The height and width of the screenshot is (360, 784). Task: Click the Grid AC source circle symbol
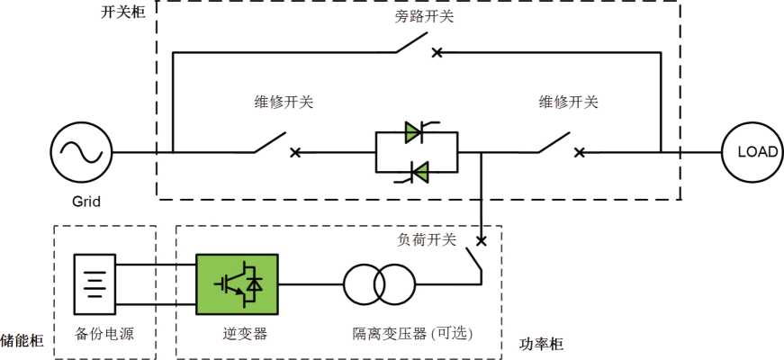point(79,152)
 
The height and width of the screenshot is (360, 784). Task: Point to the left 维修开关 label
point(284,102)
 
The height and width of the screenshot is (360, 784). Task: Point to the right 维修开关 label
point(568,102)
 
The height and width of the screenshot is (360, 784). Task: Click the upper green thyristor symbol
point(415,133)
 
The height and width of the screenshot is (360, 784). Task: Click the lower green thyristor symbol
point(417,170)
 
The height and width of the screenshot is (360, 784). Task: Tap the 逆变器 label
point(245,334)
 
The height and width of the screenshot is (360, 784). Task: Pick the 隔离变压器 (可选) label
point(413,334)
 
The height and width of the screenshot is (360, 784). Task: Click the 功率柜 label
point(542,344)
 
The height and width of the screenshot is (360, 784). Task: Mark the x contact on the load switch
point(482,240)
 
